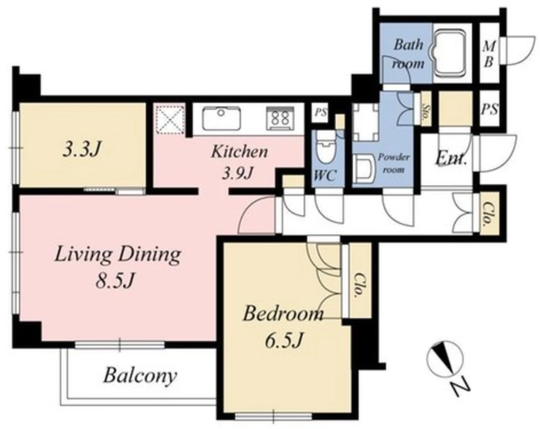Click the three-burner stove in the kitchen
click(x=280, y=118)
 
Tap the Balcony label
click(x=140, y=376)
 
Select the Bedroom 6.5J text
click(x=283, y=327)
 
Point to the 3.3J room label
click(x=82, y=149)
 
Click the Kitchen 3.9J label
click(x=239, y=162)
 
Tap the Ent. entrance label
click(x=451, y=159)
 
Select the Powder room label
click(x=394, y=163)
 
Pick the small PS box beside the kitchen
click(x=320, y=112)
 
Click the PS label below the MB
click(x=489, y=109)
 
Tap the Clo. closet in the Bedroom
click(x=360, y=280)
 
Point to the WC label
click(x=325, y=176)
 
